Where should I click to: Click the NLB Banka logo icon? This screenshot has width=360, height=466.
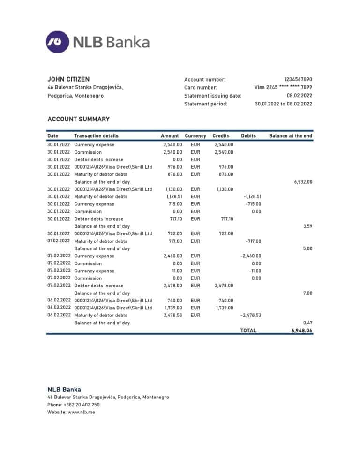tap(57, 42)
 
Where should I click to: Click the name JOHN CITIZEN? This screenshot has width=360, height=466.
tap(68, 79)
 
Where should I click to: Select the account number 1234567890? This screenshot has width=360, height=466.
tap(298, 80)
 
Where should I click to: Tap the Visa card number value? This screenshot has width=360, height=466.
tap(283, 87)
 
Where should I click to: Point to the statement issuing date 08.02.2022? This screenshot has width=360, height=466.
tap(300, 96)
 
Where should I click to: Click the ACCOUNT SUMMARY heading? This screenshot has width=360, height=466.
tap(78, 119)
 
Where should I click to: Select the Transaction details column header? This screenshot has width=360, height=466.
tap(96, 136)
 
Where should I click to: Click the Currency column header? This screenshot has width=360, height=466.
tap(195, 136)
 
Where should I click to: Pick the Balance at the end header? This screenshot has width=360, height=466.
tap(291, 136)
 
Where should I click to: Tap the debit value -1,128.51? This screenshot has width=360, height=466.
tap(252, 197)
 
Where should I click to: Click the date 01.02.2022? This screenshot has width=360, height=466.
tap(59, 241)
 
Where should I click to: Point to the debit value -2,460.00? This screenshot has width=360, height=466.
tap(251, 256)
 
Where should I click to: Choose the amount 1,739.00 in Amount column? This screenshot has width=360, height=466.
tap(172, 308)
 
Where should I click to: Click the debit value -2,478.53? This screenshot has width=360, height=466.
tap(251, 316)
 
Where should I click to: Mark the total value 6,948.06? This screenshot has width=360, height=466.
tap(302, 331)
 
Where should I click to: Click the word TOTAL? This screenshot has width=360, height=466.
tap(248, 331)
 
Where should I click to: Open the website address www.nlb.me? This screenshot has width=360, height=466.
tap(82, 412)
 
